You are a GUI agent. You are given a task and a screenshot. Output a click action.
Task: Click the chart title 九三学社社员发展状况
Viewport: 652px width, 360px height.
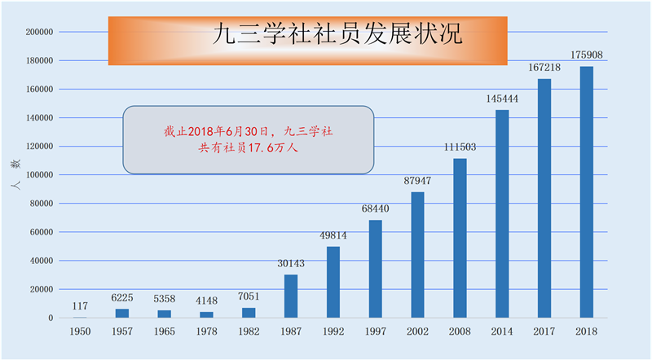pos(337,34)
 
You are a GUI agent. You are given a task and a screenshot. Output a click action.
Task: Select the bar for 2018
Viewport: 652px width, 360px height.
pos(586,192)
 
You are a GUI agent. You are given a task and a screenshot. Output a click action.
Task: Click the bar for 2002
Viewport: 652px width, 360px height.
pos(417,255)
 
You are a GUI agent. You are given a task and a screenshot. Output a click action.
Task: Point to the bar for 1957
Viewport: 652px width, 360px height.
pos(122,314)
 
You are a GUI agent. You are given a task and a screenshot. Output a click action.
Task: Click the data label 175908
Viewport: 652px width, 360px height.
pos(586,56)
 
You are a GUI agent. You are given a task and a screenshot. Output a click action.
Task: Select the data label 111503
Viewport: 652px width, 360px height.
pos(460,148)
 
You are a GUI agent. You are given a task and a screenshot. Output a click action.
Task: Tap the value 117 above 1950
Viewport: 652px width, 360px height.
pos(80,306)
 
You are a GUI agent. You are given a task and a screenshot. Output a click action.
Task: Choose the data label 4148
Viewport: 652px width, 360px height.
pos(207,301)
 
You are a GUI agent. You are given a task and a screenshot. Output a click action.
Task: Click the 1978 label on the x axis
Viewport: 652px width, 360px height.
pos(207,331)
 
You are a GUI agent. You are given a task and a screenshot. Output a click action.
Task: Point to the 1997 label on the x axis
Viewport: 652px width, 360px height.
pos(376,331)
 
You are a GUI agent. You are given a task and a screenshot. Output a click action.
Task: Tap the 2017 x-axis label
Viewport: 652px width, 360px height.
pos(544,331)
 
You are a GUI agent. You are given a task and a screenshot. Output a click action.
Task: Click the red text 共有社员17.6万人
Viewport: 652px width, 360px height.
pos(248,149)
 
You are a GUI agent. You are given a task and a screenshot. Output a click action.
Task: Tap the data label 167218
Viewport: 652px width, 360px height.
pos(544,68)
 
